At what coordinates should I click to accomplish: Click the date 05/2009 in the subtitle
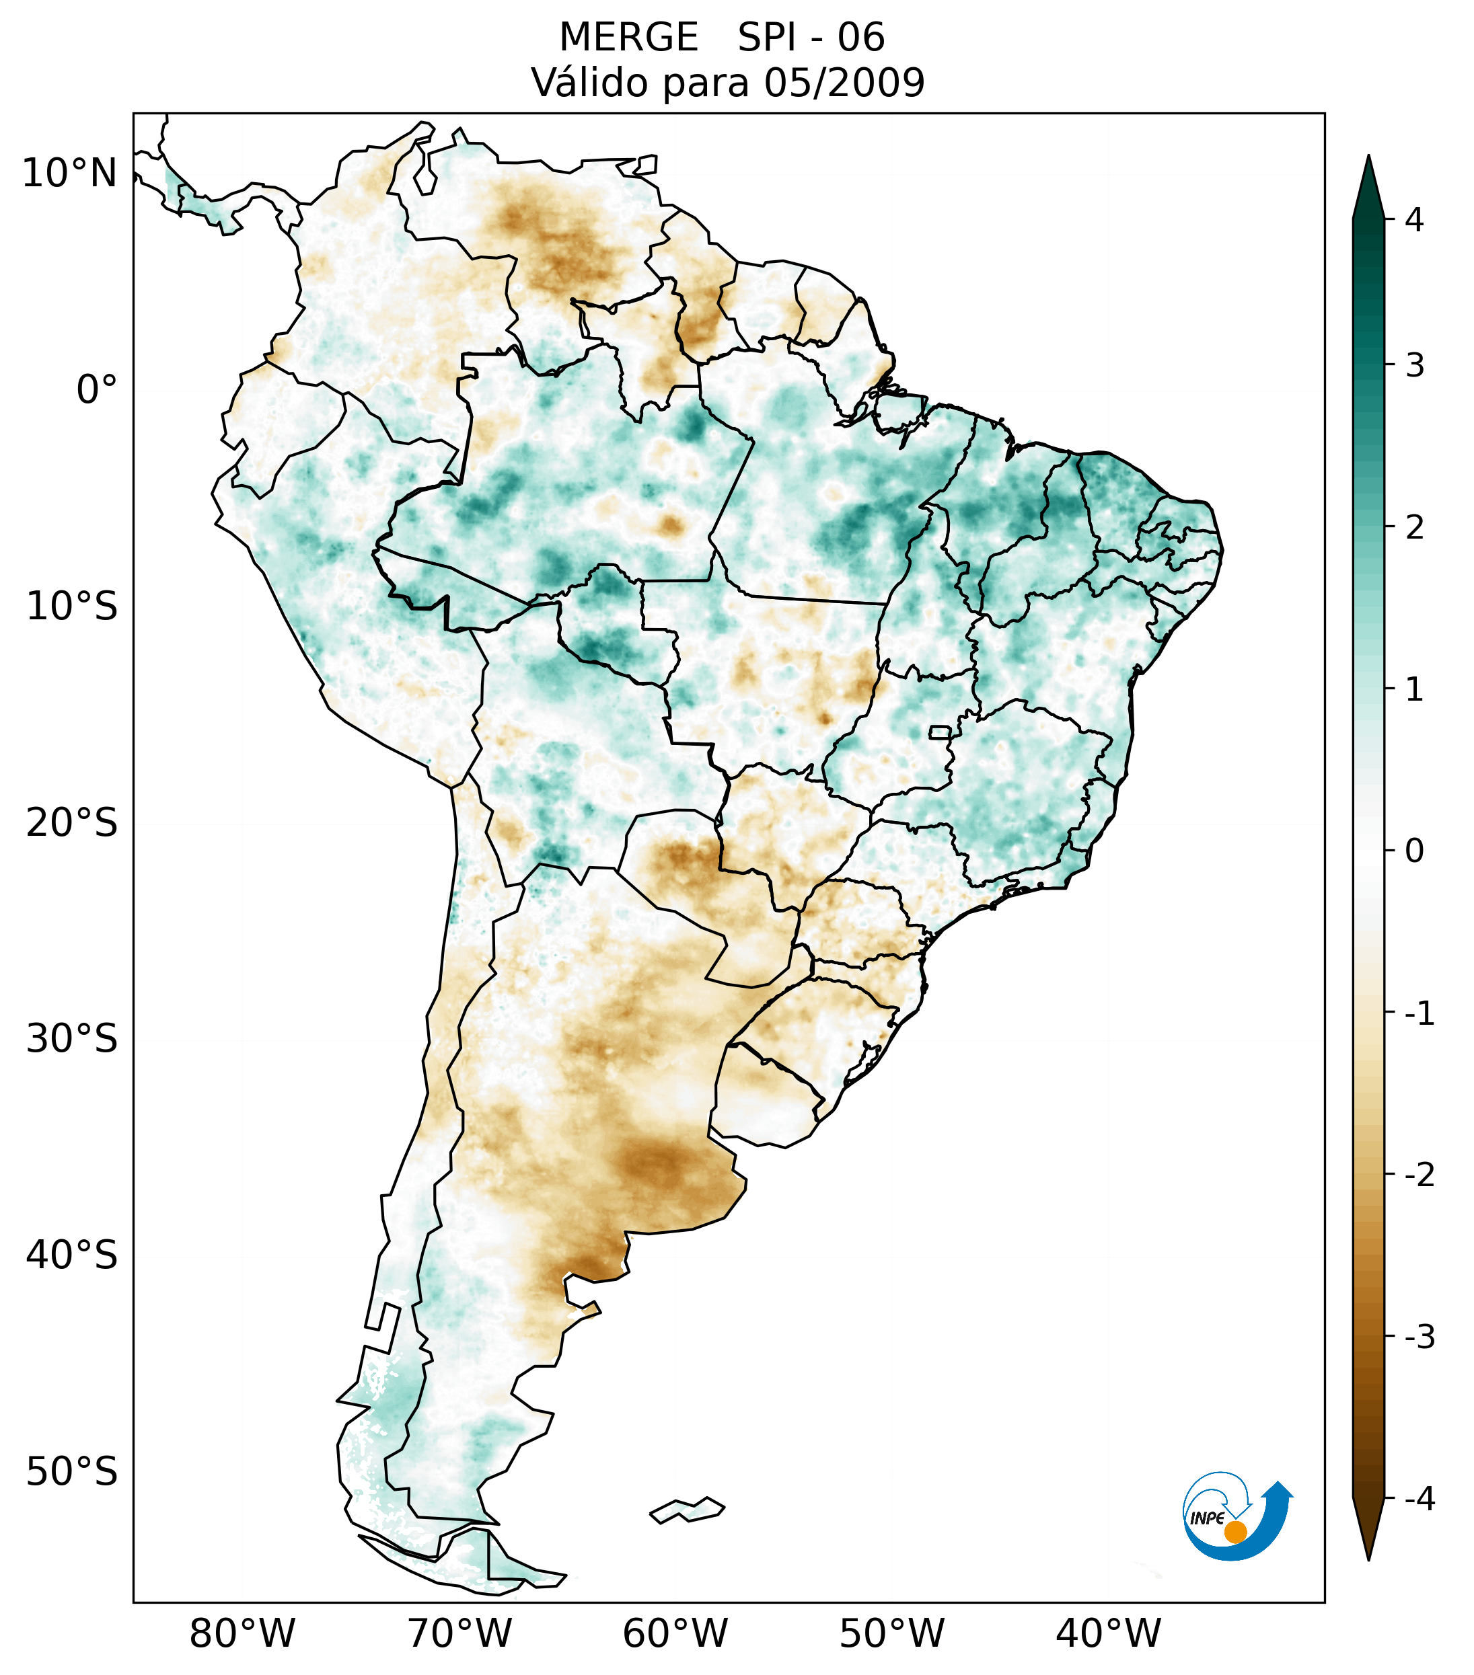[x=844, y=83]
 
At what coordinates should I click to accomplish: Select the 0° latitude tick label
[x=97, y=390]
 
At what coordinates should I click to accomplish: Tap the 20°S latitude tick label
[x=72, y=823]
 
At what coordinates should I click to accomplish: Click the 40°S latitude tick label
[x=72, y=1255]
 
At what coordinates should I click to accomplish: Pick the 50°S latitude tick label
[x=72, y=1473]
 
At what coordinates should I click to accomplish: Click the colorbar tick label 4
[x=1414, y=220]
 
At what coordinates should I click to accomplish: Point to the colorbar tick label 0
[x=1414, y=851]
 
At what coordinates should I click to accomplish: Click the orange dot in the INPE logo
[x=1235, y=1532]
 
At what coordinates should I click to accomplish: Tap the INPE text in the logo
[x=1207, y=1518]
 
